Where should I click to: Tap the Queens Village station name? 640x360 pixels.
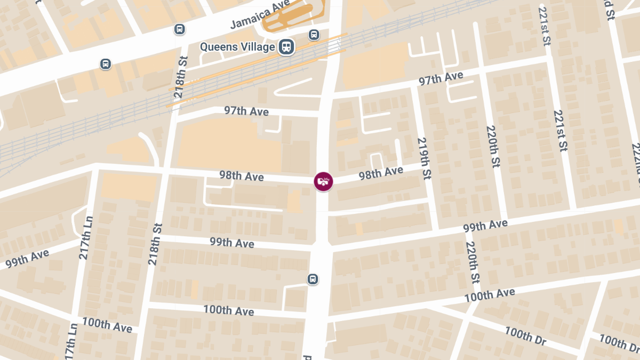237,47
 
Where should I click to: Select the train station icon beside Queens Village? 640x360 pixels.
287,47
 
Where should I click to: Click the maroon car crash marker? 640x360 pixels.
323,181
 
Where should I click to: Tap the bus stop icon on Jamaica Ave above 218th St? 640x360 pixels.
180,29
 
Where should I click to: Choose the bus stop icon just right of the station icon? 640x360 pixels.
314,35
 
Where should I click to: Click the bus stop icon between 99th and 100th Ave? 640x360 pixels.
313,279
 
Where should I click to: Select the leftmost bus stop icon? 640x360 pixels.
106,64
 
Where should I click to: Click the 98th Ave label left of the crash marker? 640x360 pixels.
241,175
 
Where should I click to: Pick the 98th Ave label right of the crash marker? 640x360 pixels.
380,173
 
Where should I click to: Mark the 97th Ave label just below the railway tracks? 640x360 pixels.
246,111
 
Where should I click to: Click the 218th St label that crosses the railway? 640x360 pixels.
181,77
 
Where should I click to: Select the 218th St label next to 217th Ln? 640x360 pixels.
155,244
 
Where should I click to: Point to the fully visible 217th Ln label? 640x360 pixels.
85,237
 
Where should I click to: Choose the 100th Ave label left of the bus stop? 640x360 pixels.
228,310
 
